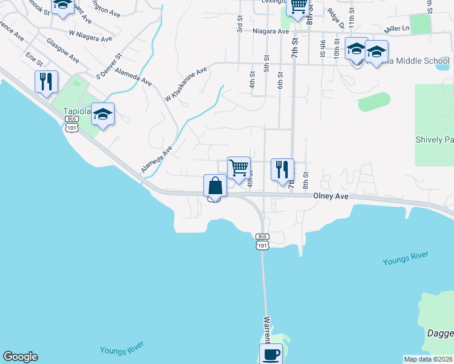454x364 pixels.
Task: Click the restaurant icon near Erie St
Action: coord(46,82)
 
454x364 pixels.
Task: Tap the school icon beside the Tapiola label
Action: coord(103,115)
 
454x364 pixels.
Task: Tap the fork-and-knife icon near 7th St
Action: coord(282,169)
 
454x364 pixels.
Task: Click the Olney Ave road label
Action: coord(331,197)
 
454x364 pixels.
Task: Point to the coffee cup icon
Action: coord(271,354)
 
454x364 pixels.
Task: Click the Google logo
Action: coord(20,357)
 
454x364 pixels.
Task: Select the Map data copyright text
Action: coord(429,359)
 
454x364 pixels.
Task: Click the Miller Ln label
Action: coord(397,29)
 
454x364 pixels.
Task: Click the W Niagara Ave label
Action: coord(90,36)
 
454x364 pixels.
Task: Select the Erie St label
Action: coord(34,59)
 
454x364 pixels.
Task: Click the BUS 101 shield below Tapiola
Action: coord(71,124)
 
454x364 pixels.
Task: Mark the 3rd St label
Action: coord(240,25)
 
